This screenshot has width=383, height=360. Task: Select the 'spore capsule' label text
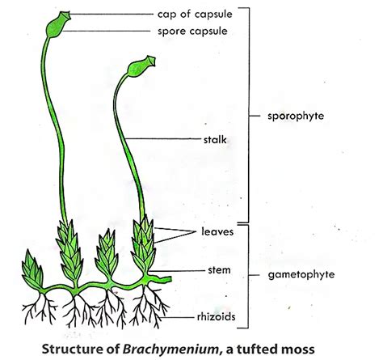point(198,31)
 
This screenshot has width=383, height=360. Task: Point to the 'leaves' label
point(219,232)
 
